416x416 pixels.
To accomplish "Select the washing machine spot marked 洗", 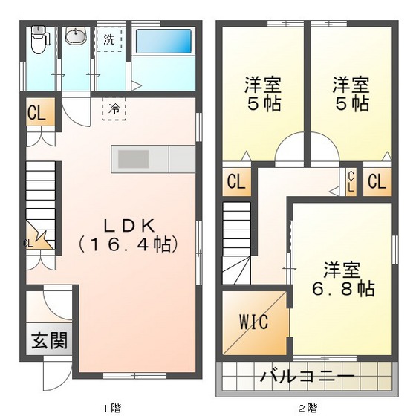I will [x=109, y=39].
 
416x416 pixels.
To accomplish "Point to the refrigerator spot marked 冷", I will [x=114, y=108].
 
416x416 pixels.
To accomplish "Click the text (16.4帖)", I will [x=128, y=243].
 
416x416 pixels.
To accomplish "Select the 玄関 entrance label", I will [x=50, y=341].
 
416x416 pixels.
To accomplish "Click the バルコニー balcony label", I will [x=306, y=375].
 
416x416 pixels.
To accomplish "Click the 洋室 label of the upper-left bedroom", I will [x=263, y=85].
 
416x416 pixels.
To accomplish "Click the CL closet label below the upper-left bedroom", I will [x=235, y=181].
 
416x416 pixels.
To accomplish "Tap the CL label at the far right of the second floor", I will [x=376, y=181].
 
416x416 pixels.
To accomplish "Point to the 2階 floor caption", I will [x=307, y=407].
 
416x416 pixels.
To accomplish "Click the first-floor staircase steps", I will [x=42, y=189].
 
